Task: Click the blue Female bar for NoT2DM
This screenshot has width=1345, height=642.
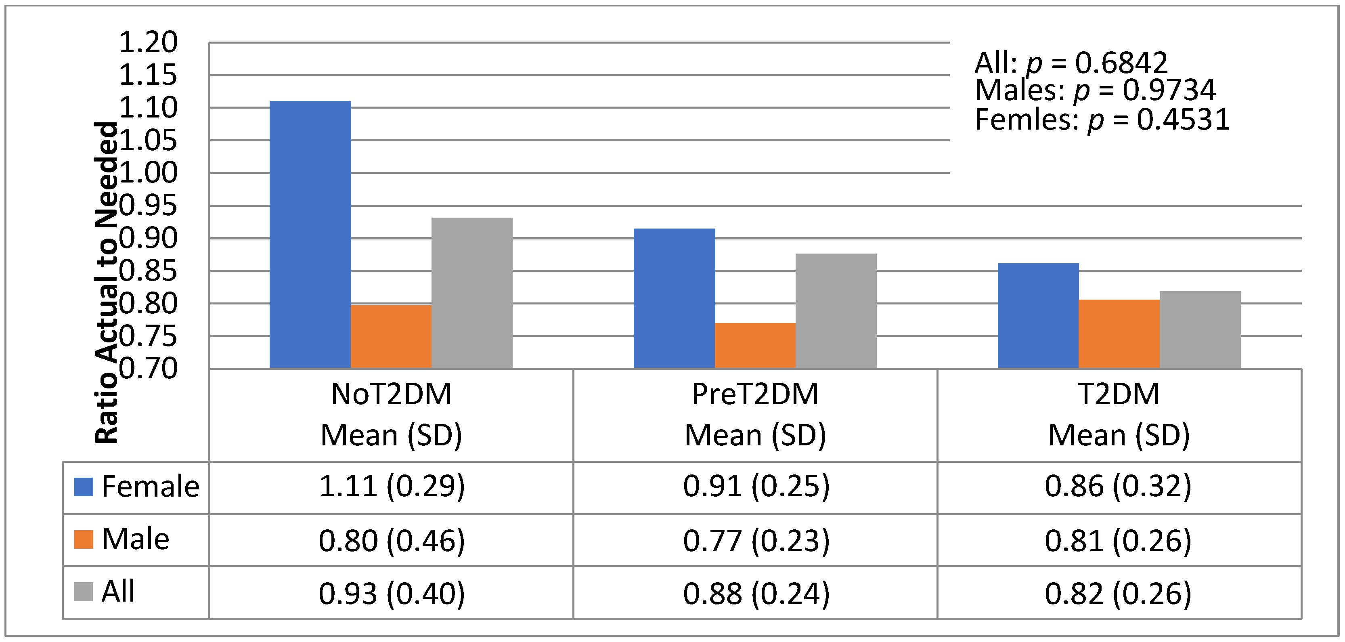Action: (310, 235)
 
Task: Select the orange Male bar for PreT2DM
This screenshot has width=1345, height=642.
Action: (755, 346)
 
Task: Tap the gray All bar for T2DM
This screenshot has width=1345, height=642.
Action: (1200, 330)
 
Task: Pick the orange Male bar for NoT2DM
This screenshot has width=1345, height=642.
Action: (391, 337)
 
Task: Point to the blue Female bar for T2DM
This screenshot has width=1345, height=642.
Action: (1038, 316)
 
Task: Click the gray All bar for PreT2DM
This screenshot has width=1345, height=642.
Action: (836, 311)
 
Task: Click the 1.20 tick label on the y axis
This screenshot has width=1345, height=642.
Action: (148, 42)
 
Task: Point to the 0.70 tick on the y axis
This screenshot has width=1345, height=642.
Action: (148, 369)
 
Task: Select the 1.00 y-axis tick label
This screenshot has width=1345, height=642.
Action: (148, 173)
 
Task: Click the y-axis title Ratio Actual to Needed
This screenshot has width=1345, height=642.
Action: (107, 282)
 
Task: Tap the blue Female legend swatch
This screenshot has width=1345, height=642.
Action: (84, 487)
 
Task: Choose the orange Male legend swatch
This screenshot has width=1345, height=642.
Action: (84, 539)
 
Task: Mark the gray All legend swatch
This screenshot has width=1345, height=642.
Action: (84, 592)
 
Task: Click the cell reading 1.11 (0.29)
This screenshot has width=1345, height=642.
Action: (391, 487)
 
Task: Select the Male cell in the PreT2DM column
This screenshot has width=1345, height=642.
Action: (756, 541)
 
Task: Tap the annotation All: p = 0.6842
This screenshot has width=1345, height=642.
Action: (1071, 63)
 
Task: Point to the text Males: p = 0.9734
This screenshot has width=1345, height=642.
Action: (1095, 90)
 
